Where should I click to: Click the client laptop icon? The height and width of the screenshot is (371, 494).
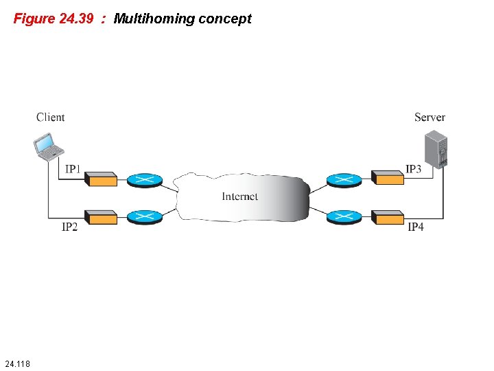point(49,146)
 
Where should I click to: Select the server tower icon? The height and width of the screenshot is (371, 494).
point(435,148)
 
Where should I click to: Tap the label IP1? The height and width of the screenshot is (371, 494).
point(73,169)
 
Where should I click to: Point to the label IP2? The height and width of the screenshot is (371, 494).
point(69,227)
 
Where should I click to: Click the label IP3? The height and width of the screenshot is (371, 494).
point(413,169)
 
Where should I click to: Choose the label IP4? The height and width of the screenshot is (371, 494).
point(416,227)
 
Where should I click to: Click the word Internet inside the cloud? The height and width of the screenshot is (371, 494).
point(240,196)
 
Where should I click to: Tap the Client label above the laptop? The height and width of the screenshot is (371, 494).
point(51,117)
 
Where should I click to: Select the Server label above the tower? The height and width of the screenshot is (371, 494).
point(430,117)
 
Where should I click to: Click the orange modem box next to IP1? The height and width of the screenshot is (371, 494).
point(101,179)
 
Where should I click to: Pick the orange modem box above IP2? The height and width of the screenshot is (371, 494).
point(101,217)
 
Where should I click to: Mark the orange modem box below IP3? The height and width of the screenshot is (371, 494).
point(388,177)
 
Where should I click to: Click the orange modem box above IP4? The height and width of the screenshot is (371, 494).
point(388,217)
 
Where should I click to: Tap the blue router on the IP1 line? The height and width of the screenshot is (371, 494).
point(144,180)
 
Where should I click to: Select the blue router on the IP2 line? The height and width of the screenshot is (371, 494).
point(144,217)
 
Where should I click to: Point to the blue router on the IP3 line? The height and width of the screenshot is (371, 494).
point(344,180)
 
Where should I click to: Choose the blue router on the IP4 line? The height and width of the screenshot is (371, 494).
point(344,217)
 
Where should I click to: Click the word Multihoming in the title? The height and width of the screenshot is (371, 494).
point(154,19)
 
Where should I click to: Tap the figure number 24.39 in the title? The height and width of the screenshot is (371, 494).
point(76,19)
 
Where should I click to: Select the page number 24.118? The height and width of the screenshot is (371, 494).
point(16,362)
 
